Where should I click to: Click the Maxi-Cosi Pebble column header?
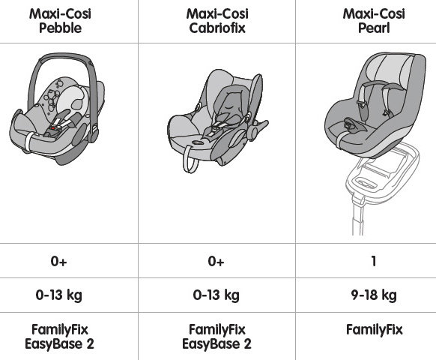click(x=60, y=21)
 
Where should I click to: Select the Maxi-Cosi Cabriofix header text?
click(x=217, y=21)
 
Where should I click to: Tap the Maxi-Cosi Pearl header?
click(x=374, y=21)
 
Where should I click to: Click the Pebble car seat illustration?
click(x=58, y=109)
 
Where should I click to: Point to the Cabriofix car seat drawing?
click(x=217, y=120)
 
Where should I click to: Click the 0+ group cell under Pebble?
click(x=58, y=261)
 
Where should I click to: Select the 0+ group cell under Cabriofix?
click(x=216, y=261)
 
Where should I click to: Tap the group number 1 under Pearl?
click(x=374, y=261)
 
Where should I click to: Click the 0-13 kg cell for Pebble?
click(x=59, y=295)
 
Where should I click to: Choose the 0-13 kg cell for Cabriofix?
click(x=217, y=295)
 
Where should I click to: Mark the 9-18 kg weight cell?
click(x=374, y=295)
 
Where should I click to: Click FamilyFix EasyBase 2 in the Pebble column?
click(x=59, y=337)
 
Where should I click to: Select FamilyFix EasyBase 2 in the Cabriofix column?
click(x=217, y=337)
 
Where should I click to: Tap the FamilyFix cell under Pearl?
click(x=375, y=330)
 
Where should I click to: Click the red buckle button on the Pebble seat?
click(x=53, y=128)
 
